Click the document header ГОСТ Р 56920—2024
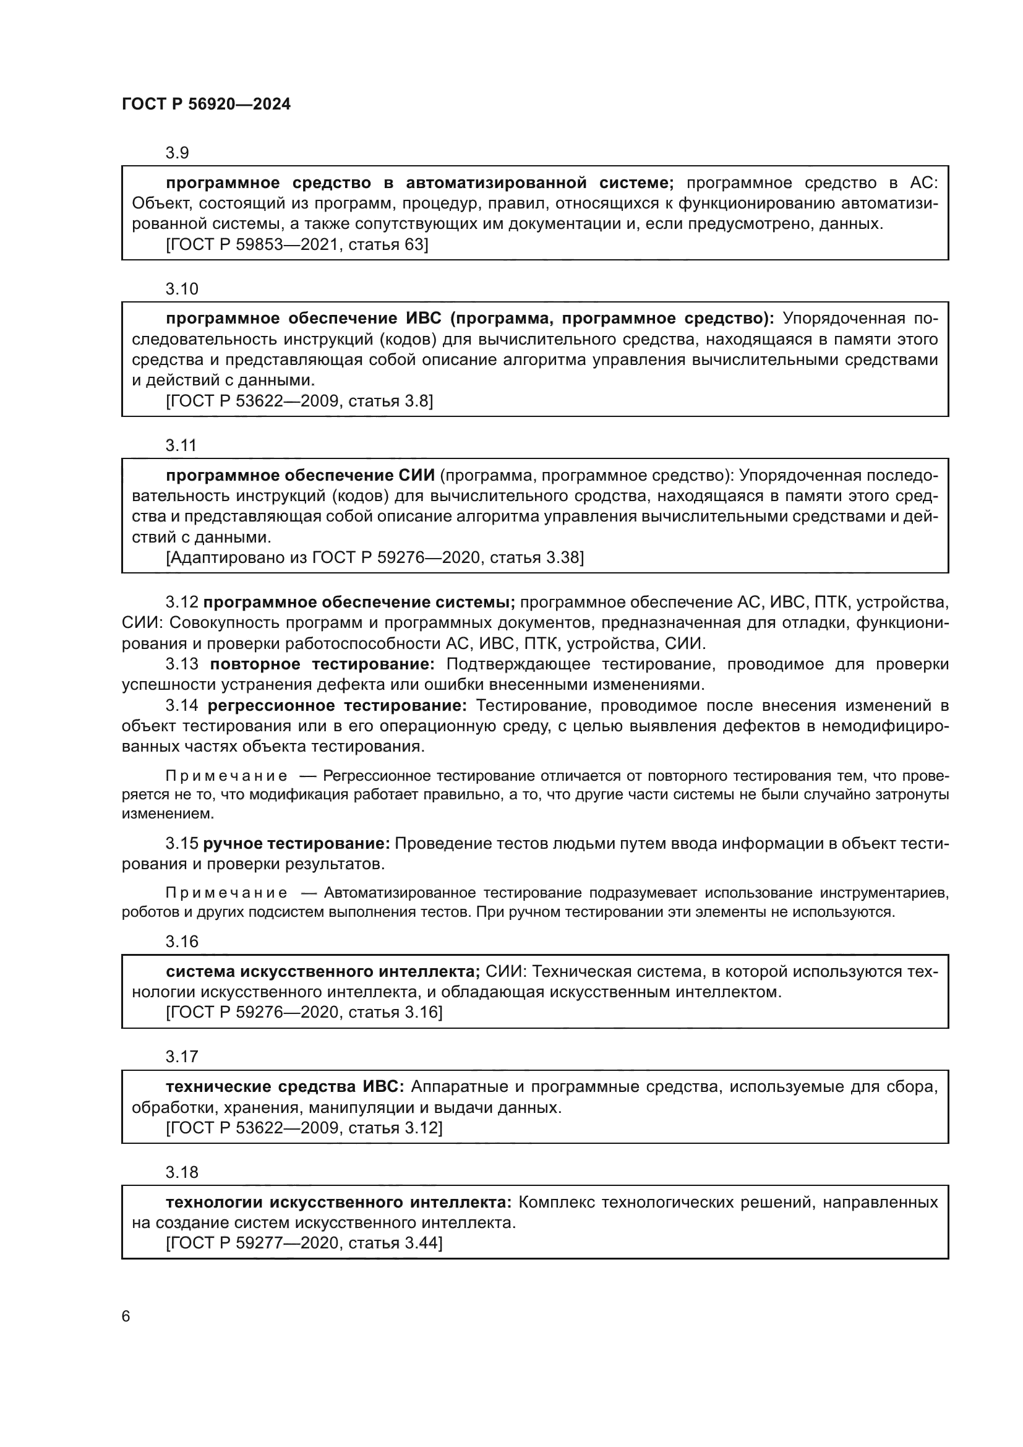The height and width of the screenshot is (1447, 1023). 206,105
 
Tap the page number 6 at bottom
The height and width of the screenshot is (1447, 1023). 126,1316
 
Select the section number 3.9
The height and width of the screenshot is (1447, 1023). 177,153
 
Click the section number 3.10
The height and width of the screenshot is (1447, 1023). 181,289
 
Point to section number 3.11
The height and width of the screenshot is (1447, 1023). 181,445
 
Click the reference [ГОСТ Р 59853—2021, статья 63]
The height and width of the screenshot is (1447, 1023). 297,244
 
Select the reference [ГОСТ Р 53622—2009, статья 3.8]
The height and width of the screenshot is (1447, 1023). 299,401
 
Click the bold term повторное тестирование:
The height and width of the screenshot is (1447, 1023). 322,664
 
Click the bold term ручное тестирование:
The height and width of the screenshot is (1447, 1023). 296,843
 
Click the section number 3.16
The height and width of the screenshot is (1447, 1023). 181,941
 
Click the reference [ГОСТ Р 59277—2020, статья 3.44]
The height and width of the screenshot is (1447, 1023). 304,1243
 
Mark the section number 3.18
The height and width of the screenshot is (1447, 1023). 181,1172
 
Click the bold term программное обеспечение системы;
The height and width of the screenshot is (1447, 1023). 359,602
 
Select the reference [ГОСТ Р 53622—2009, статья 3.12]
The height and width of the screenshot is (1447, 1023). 304,1128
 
